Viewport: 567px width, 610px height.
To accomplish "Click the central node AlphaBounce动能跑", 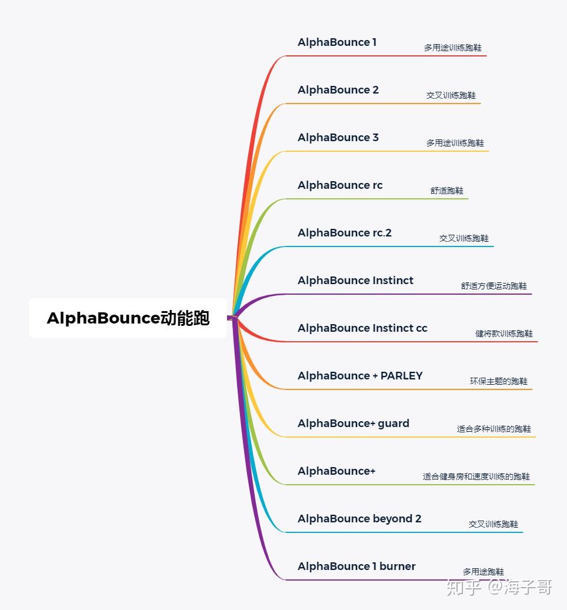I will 128,318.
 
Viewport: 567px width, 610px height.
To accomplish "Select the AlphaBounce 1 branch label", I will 337,42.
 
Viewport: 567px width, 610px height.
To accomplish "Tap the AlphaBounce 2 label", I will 338,90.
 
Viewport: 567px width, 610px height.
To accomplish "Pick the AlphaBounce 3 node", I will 338,138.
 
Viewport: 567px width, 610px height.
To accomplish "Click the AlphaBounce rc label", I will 340,185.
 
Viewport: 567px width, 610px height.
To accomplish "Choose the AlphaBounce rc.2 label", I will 345,233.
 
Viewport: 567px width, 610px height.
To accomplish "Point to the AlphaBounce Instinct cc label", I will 362,328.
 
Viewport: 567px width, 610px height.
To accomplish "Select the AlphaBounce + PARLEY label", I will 360,376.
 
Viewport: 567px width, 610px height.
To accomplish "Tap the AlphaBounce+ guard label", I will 353,424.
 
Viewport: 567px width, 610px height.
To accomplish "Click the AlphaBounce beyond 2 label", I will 359,519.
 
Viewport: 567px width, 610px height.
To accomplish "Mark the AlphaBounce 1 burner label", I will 356,566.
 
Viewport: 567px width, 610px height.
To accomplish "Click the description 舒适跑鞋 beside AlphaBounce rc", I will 447,191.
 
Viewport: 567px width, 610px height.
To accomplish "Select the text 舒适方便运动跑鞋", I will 494,286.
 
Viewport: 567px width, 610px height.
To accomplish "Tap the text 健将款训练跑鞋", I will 504,334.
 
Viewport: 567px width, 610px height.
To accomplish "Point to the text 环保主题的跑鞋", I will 499,381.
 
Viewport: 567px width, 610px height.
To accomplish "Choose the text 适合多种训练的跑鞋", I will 494,429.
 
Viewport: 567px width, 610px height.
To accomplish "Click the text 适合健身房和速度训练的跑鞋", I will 476,476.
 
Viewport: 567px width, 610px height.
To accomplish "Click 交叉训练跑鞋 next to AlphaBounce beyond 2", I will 493,524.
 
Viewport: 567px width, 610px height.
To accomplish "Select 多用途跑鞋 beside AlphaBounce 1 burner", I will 483,572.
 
